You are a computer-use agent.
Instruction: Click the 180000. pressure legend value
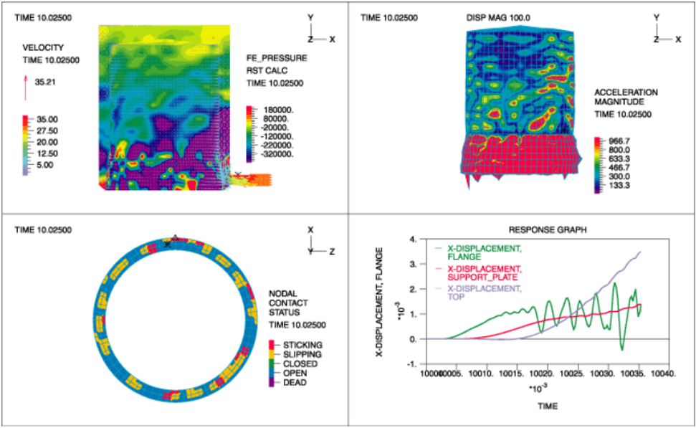(x=275, y=110)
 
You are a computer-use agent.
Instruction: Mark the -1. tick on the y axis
(x=411, y=364)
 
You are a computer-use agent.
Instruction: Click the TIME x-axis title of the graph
(x=546, y=406)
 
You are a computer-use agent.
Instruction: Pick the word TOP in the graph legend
(x=456, y=296)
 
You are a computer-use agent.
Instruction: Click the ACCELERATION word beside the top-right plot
(x=626, y=92)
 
